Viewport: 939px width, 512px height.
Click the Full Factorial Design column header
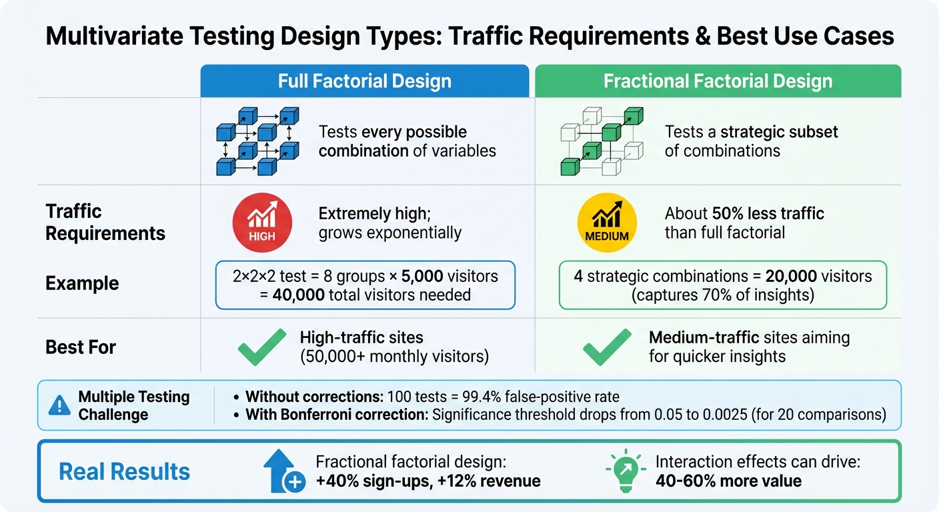[x=364, y=81]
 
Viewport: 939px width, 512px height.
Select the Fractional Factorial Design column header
[x=718, y=81]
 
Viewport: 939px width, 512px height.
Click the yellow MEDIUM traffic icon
[x=606, y=223]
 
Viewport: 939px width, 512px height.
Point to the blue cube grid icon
[x=257, y=141]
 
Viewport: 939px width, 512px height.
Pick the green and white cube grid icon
[x=602, y=141]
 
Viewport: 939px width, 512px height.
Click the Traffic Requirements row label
[x=105, y=223]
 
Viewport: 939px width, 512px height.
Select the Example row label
[x=82, y=283]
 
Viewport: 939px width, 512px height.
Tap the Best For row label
[x=81, y=347]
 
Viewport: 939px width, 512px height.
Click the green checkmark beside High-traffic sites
[x=261, y=347]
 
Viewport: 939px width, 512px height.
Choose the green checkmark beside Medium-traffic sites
[x=606, y=347]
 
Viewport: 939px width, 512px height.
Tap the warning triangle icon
[x=60, y=405]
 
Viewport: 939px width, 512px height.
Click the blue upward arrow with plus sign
[x=284, y=471]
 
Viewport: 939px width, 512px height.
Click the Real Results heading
[x=124, y=472]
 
